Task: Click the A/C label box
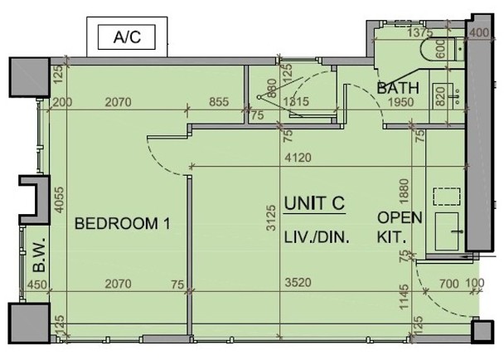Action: coord(127,37)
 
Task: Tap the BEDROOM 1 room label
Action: coord(122,224)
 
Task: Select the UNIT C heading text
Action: coord(314,203)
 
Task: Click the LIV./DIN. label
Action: coord(317,237)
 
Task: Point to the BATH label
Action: coord(398,88)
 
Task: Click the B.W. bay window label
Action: coord(39,255)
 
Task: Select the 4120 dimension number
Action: coord(298,158)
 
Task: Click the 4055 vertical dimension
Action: coord(59,200)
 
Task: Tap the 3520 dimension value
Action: coord(298,283)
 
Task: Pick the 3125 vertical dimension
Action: coord(271,218)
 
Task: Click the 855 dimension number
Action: coord(219,102)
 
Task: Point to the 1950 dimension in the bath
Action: coord(401,102)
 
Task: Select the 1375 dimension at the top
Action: coord(420,33)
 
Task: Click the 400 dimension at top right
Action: coord(479,32)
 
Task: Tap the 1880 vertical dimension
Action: coord(404,191)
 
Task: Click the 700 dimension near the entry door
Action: coord(449,284)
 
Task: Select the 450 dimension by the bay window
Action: coord(37,285)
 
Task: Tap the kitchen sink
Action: coord(447,231)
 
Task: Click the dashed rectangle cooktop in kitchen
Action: coord(447,197)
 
